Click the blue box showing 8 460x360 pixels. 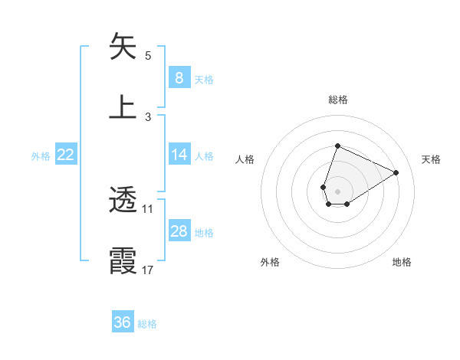[179, 77]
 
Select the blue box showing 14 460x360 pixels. [179, 155]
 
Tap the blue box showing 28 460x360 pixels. [179, 231]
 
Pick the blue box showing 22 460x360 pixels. [66, 155]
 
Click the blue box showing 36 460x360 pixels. [123, 322]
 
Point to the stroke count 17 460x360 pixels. [148, 270]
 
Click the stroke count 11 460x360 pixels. [148, 208]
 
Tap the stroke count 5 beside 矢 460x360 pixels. [148, 55]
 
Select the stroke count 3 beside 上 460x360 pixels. [148, 116]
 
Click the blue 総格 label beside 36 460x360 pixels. [147, 324]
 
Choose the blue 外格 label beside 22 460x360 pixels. [41, 156]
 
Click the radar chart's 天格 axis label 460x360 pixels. [431, 159]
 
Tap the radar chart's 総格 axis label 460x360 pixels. [337, 100]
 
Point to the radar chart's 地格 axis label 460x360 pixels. [402, 262]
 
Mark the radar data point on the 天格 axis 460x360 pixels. [396, 173]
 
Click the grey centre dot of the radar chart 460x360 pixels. [337, 190]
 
